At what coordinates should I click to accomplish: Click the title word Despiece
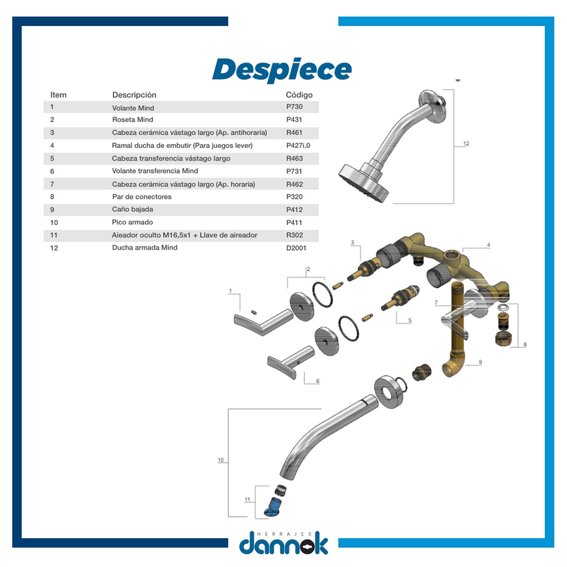coord(282,70)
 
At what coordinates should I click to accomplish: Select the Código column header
coord(299,95)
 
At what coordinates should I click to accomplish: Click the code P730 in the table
coord(295,107)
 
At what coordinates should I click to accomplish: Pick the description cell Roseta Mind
coord(132,120)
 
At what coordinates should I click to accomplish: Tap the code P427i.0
coord(298,146)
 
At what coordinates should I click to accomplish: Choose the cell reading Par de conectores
coord(142,197)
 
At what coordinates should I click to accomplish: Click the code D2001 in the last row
coord(296,248)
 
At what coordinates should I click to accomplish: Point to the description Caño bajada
coord(132,209)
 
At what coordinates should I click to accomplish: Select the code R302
coord(295,235)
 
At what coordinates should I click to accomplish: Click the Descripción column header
coord(134,95)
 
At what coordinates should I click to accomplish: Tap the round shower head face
coord(363,184)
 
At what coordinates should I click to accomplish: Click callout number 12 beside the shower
coord(466,143)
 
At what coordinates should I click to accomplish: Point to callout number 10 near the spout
coord(220,460)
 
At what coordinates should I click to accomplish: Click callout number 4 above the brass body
coord(488,245)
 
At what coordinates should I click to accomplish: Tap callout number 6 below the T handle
coord(317,381)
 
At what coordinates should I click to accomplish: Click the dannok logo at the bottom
coord(283,543)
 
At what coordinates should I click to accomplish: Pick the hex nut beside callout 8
coord(503,338)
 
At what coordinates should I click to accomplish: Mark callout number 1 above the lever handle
coord(230,291)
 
